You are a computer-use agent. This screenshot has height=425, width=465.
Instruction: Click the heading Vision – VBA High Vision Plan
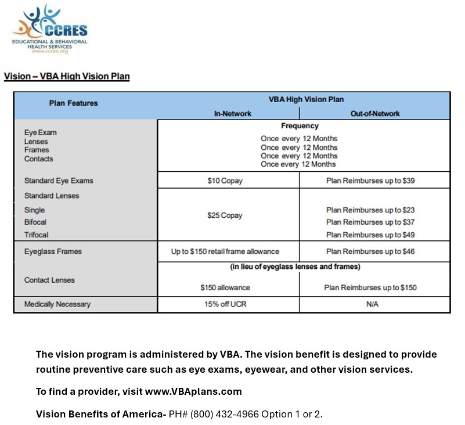click(67, 77)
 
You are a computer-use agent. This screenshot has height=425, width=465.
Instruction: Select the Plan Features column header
click(73, 103)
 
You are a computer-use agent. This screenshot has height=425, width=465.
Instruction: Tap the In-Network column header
click(232, 114)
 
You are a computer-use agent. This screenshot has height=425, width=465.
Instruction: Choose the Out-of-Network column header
click(375, 114)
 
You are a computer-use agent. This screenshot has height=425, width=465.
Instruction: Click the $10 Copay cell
click(225, 181)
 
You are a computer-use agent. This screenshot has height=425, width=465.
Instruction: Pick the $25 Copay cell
click(225, 215)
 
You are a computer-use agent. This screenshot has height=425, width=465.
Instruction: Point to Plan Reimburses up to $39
click(370, 181)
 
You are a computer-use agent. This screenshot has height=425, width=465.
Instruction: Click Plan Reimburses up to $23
click(370, 210)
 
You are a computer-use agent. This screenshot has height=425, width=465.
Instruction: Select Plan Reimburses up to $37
click(370, 222)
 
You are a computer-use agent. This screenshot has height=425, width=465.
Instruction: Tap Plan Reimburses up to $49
click(370, 235)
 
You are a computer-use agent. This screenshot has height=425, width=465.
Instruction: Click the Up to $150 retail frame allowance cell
click(225, 251)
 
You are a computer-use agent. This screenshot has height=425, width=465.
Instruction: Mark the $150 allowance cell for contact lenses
click(225, 287)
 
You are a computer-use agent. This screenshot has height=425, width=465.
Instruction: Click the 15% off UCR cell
click(225, 304)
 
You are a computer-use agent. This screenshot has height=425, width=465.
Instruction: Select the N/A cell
click(372, 304)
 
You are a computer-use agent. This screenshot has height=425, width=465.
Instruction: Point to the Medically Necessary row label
click(57, 304)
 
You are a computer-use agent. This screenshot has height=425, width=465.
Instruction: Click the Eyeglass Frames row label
click(53, 251)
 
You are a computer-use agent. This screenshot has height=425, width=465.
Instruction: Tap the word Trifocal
click(36, 235)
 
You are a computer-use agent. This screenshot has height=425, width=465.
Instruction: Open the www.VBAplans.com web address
click(193, 392)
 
